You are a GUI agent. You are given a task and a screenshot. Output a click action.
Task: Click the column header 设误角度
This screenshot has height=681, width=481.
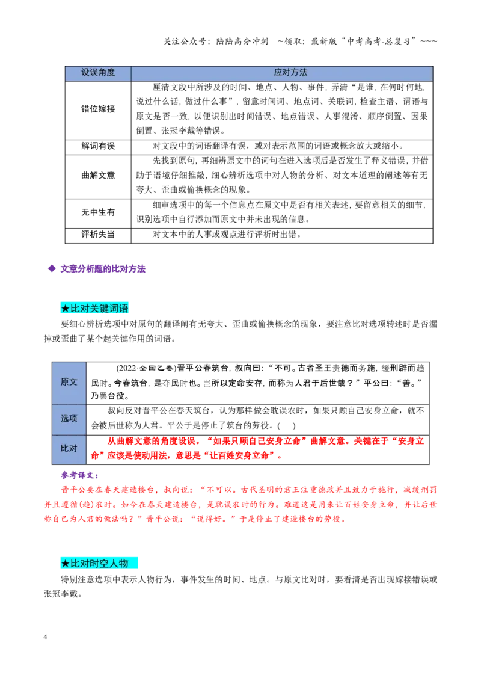point(98,73)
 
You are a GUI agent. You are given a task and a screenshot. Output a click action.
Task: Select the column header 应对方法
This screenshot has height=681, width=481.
point(290,73)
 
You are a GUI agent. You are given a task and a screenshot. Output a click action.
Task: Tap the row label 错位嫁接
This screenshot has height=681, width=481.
point(98,109)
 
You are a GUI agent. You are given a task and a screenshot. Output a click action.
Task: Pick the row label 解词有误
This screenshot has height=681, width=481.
point(98,146)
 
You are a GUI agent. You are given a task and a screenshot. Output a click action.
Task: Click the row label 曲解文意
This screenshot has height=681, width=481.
point(98,176)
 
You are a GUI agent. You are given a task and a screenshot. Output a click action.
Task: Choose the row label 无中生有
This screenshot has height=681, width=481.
point(98,212)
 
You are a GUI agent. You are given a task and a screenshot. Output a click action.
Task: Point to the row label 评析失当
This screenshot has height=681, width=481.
point(98,235)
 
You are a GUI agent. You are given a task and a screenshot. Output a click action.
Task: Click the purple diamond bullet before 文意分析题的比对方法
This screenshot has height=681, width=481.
point(52,268)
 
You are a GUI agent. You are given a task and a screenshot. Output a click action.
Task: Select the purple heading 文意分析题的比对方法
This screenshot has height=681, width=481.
point(103,269)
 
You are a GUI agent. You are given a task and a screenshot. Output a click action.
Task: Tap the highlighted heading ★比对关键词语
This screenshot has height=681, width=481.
point(94,309)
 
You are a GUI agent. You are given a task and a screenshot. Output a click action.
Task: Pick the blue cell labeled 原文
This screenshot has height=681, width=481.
point(69,382)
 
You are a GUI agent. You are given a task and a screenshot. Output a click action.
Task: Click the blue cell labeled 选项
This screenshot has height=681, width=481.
point(69,419)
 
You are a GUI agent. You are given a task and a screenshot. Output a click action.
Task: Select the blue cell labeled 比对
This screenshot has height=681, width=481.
point(69,449)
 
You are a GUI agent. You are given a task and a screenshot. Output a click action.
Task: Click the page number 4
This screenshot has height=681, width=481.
point(45,637)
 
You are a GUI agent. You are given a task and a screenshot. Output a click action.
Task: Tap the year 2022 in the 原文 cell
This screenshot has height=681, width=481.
point(127,368)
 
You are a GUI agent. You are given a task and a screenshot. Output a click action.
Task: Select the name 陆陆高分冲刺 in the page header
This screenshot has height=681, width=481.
point(242,42)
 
